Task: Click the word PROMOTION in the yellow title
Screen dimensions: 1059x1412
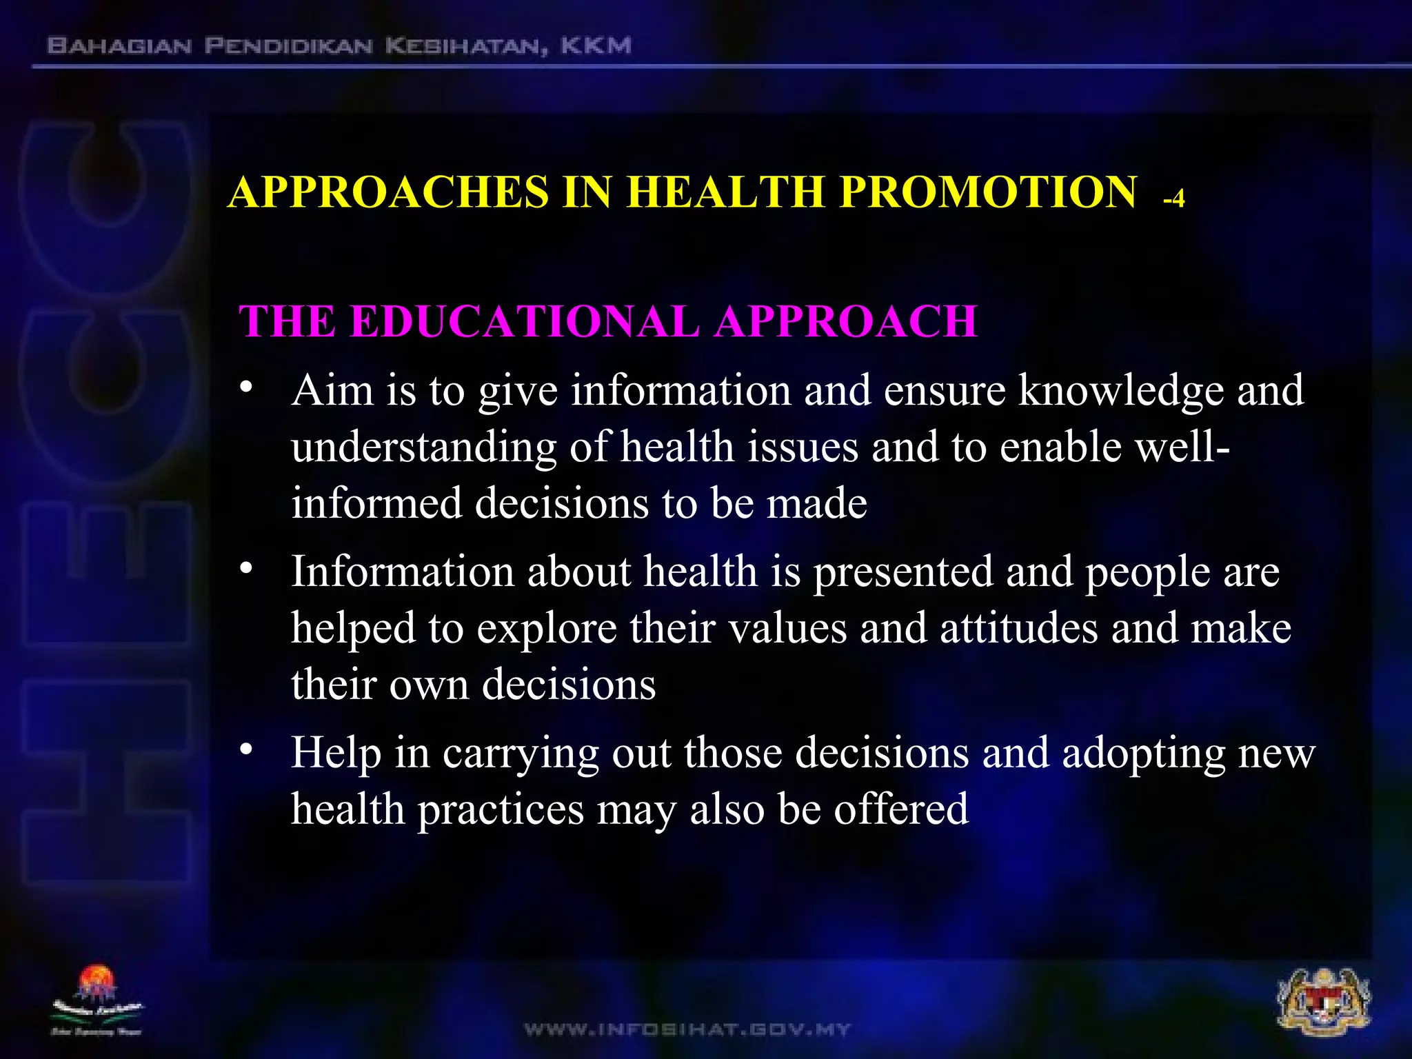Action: click(x=988, y=192)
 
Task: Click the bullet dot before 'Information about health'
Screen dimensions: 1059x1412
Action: click(x=246, y=569)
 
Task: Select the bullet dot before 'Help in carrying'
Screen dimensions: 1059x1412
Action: click(x=246, y=750)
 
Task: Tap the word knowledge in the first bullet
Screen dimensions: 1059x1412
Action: click(x=1121, y=391)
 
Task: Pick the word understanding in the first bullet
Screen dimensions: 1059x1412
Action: click(x=423, y=448)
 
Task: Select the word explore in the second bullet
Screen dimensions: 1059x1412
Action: click(x=546, y=629)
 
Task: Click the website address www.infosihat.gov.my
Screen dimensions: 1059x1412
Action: click(x=687, y=1030)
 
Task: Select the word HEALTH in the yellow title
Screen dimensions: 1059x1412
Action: click(x=725, y=192)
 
